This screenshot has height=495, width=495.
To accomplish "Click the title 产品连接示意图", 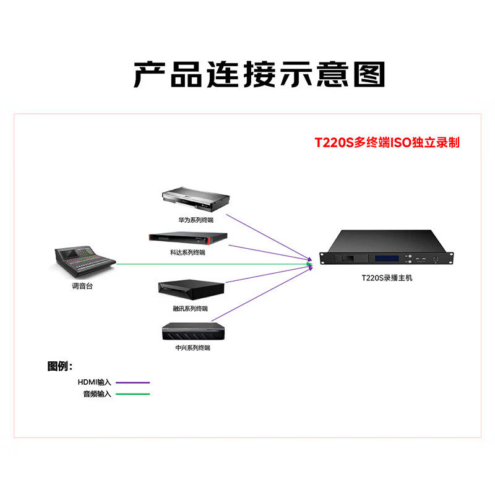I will [x=260, y=74].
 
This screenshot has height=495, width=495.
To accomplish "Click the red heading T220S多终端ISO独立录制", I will [x=387, y=142].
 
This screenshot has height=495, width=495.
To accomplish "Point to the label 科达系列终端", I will [x=187, y=252].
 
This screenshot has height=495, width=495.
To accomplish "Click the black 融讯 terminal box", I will [x=191, y=290].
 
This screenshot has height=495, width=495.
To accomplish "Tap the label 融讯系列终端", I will [x=191, y=308].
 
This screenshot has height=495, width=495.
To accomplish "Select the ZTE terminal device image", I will [x=192, y=332].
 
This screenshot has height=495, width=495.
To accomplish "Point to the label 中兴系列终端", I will [x=192, y=348].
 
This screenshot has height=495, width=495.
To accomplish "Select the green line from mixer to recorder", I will [x=210, y=264].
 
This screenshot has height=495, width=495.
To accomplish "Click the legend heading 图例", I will [x=60, y=366].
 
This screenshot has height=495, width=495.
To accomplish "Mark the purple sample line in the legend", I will [x=132, y=382].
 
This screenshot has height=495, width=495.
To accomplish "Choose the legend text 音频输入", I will [x=98, y=394].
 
